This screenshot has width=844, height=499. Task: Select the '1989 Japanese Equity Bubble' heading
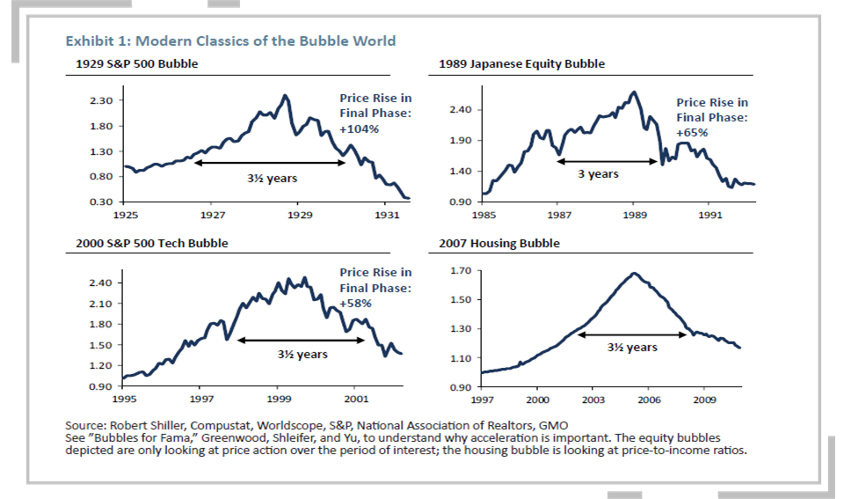pyautogui.click(x=521, y=64)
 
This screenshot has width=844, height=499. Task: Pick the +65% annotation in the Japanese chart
pyautogui.click(x=692, y=132)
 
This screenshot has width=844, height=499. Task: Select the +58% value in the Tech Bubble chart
pyautogui.click(x=356, y=303)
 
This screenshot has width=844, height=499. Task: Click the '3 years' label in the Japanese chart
pyautogui.click(x=598, y=173)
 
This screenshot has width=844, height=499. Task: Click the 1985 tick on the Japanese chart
pyautogui.click(x=483, y=214)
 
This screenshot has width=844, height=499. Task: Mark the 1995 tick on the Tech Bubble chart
pyautogui.click(x=123, y=399)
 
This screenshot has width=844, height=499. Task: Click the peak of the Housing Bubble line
pyautogui.click(x=634, y=273)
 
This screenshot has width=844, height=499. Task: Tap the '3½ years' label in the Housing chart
pyautogui.click(x=631, y=347)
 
